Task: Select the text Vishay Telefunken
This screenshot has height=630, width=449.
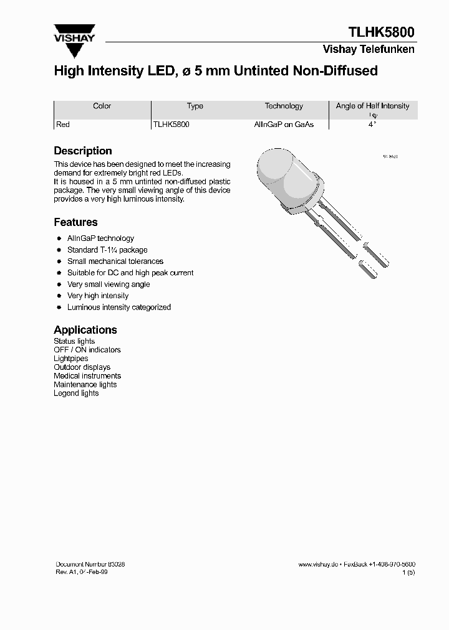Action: [368, 49]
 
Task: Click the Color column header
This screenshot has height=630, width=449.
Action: [102, 106]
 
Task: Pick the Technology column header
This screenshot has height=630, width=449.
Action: [284, 106]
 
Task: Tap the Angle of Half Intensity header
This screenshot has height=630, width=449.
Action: [372, 106]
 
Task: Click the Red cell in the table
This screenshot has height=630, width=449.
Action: [63, 125]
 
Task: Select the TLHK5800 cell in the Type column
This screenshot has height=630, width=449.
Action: [171, 125]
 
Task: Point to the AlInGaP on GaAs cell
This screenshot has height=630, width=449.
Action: [284, 125]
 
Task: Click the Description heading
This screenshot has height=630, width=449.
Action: [83, 151]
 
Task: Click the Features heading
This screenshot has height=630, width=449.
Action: [75, 222]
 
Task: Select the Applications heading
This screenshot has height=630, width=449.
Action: [85, 330]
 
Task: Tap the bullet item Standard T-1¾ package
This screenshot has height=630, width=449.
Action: [107, 250]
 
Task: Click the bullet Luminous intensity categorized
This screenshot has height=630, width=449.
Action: [118, 307]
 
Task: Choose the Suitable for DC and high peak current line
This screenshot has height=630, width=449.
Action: [130, 273]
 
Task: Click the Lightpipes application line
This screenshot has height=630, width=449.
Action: [71, 359]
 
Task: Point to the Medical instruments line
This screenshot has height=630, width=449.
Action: [87, 376]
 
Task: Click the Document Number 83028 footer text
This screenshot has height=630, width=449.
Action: [90, 564]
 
